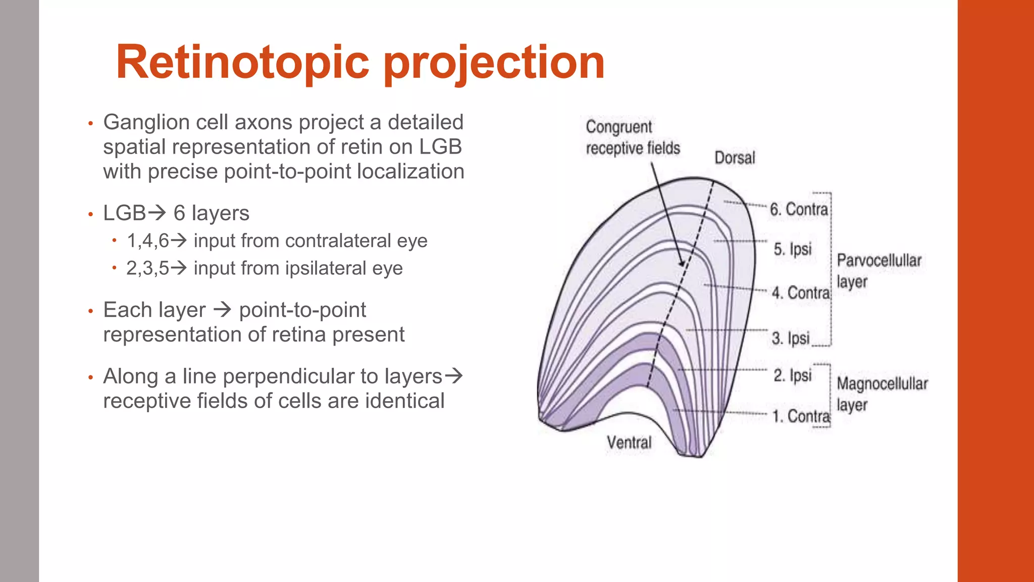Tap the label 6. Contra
[799, 209]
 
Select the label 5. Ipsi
[793, 249]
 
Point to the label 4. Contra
[801, 293]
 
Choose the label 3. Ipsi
[791, 338]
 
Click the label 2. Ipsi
[793, 375]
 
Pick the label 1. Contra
[801, 416]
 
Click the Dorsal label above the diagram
[735, 158]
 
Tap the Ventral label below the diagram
[629, 443]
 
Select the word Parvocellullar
[879, 261]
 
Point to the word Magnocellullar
[882, 384]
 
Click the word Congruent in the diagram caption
[619, 127]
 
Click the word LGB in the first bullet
[440, 147]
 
